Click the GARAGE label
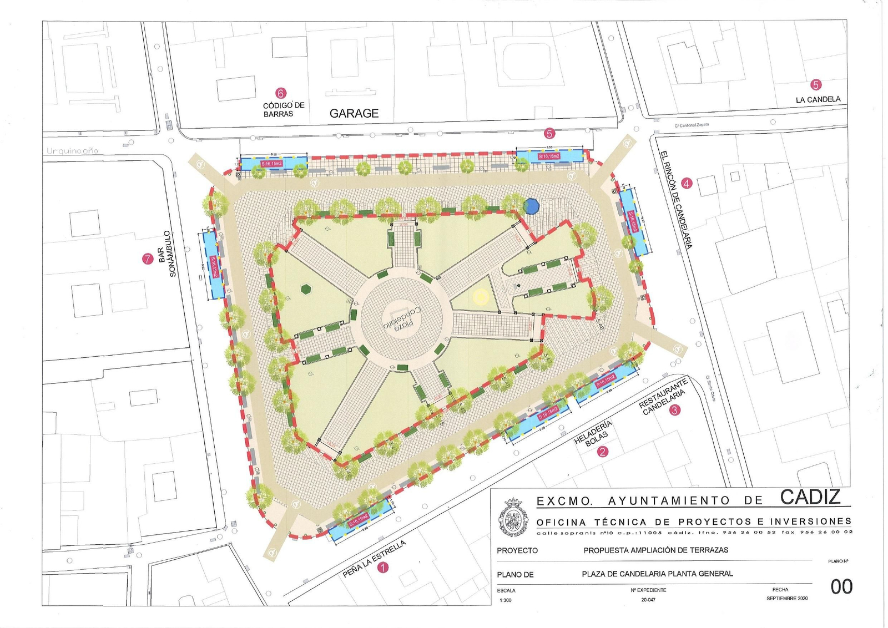(354, 113)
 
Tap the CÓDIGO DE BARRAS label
(283, 109)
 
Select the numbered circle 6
(281, 93)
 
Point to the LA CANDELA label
(818, 100)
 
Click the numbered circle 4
(687, 183)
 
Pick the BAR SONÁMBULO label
(167, 254)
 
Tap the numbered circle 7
(147, 259)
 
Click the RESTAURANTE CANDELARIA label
(662, 396)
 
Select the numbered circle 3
(674, 411)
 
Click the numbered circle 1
(383, 567)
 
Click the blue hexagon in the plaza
(531, 206)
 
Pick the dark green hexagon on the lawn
(306, 289)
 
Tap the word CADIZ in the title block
(810, 497)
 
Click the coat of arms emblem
(513, 518)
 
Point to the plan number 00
(841, 586)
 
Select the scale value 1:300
(506, 600)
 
